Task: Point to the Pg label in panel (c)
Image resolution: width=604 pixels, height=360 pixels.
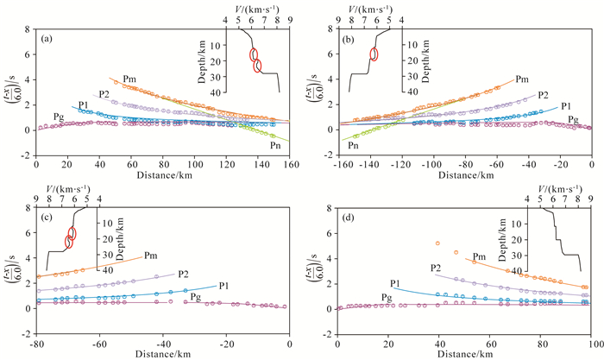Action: click(x=195, y=297)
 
